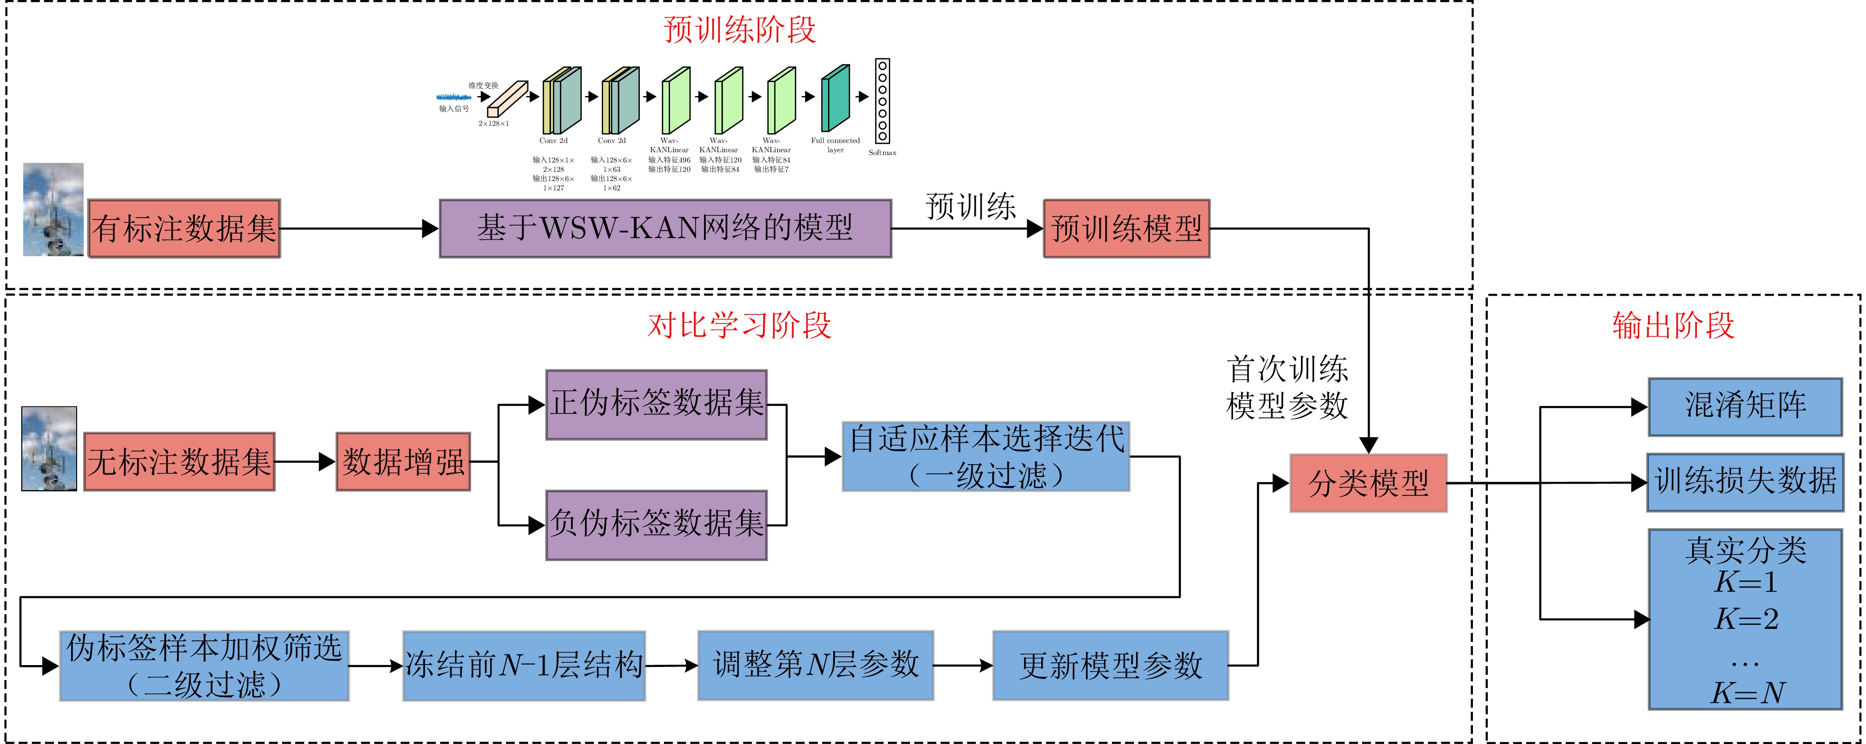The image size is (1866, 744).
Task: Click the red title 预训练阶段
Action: pyautogui.click(x=739, y=30)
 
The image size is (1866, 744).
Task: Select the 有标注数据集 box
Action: pyautogui.click(x=184, y=229)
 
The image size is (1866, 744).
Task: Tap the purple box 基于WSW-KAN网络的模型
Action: pyautogui.click(x=665, y=229)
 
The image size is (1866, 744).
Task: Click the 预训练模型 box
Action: pyautogui.click(x=1126, y=229)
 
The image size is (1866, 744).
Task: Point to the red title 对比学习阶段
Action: pyautogui.click(x=739, y=326)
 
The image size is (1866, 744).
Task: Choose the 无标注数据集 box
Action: pyautogui.click(x=179, y=462)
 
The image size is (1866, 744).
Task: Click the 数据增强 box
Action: pyautogui.click(x=403, y=462)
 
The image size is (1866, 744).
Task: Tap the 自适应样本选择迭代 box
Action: pyautogui.click(x=986, y=457)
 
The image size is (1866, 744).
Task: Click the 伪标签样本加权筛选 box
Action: pyautogui.click(x=204, y=666)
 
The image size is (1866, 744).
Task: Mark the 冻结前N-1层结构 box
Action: pyautogui.click(x=524, y=666)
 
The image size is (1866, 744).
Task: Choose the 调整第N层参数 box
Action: pyautogui.click(x=815, y=666)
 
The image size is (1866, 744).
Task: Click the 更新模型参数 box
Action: pyautogui.click(x=1110, y=666)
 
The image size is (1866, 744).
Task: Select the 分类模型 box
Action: pyautogui.click(x=1368, y=484)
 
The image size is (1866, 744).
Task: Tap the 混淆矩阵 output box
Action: pyautogui.click(x=1745, y=407)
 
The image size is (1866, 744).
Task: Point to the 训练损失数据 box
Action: pyautogui.click(x=1745, y=482)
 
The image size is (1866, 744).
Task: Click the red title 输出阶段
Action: pyautogui.click(x=1673, y=326)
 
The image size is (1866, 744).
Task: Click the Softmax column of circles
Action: pyautogui.click(x=882, y=101)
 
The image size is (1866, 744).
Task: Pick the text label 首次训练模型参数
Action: pyautogui.click(x=1287, y=388)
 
